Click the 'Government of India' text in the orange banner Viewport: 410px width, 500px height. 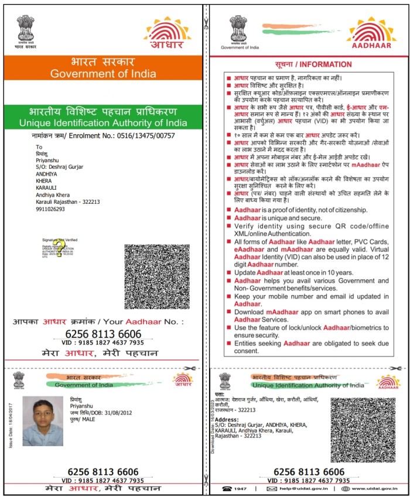point(103,74)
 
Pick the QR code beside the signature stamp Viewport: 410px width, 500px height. point(158,276)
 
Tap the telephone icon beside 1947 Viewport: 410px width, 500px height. point(226,488)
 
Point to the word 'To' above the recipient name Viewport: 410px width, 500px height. point(39,147)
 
